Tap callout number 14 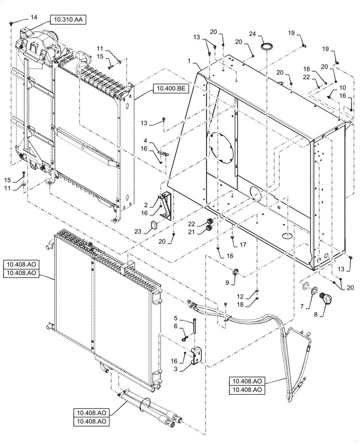(x=34, y=17)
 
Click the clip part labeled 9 (x=235, y=271)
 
